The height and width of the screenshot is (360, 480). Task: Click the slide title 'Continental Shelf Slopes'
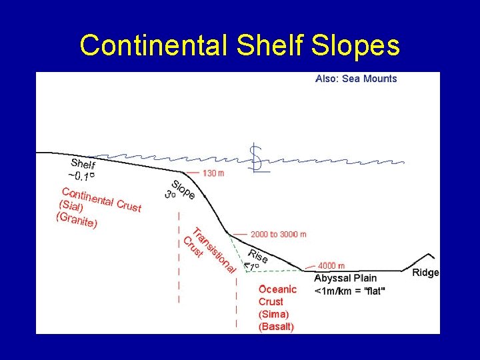239,45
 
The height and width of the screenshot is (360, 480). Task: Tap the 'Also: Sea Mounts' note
356,79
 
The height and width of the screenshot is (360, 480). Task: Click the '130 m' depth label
213,173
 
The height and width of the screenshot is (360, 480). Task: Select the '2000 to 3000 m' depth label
279,234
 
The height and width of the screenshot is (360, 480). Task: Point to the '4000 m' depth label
331,265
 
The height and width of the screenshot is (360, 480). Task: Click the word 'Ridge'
425,273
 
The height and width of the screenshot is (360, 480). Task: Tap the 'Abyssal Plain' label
345,278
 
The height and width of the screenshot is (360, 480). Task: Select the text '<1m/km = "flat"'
349,291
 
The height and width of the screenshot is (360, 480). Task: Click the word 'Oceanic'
277,289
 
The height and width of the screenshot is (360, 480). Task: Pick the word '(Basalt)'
276,327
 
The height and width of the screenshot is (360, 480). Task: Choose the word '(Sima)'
273,314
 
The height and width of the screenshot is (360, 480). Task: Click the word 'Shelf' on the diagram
83,165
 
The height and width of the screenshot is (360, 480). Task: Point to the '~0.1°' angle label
81,176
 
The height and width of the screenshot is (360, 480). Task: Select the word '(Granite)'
77,220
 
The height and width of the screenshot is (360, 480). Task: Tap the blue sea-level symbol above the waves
253,159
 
